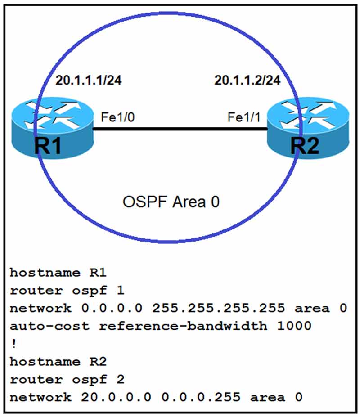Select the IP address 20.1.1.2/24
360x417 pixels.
click(247, 81)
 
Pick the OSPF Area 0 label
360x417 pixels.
click(171, 202)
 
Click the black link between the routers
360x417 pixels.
click(180, 129)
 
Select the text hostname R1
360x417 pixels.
click(58, 273)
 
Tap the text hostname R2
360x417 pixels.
click(58, 361)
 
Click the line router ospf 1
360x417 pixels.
click(67, 290)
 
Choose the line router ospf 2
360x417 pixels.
click(67, 379)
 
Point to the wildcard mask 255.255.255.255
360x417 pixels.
click(218, 308)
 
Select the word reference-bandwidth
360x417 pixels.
click(182, 326)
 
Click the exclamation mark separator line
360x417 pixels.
click(13, 343)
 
